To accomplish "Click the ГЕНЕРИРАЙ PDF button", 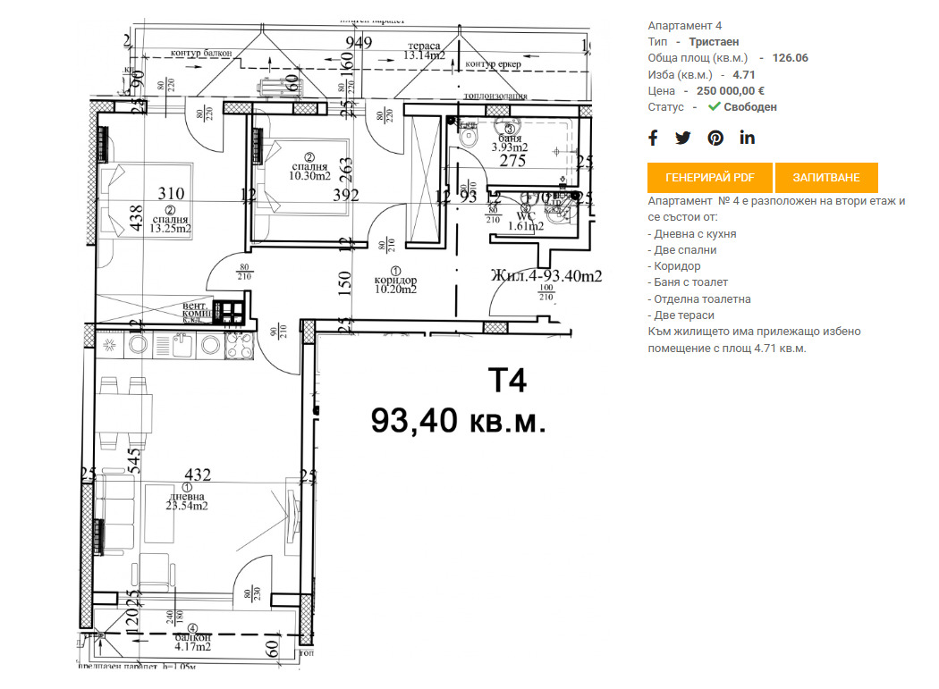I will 710,178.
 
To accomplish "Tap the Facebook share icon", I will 653,138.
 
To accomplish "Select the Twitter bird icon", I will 683,138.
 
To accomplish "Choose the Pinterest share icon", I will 715,138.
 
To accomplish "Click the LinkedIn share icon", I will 748,138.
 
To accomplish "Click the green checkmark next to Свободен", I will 714,106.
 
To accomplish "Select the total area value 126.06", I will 790,58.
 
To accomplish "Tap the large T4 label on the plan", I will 506,381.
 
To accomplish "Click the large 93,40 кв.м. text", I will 458,420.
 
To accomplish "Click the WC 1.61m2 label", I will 524,221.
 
